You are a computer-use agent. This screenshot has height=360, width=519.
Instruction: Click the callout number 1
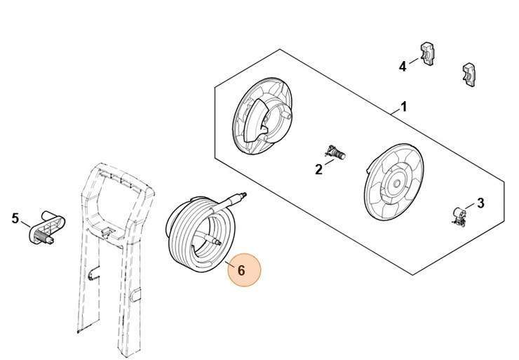(x=403, y=107)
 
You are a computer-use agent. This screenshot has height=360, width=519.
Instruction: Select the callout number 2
(x=318, y=170)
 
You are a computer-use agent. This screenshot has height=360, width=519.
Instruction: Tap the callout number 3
(x=480, y=203)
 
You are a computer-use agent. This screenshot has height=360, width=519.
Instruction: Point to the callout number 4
(x=403, y=67)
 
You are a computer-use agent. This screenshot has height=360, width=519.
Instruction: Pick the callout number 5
(x=15, y=218)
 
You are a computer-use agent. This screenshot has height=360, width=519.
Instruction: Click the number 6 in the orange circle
(x=242, y=271)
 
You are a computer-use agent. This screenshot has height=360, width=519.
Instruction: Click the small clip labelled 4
(x=427, y=54)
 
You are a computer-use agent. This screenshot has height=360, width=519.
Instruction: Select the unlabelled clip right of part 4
(x=469, y=75)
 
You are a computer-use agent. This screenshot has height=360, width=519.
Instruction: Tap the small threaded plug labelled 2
(x=335, y=153)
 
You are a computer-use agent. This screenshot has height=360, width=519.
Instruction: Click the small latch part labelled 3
(x=458, y=216)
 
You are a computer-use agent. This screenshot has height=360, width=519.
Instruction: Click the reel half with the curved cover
(x=263, y=116)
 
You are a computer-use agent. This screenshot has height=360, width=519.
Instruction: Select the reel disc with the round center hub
(x=393, y=182)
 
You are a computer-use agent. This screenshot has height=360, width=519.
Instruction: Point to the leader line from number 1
(x=395, y=112)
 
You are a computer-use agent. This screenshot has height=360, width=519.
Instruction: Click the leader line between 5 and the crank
(x=26, y=225)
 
